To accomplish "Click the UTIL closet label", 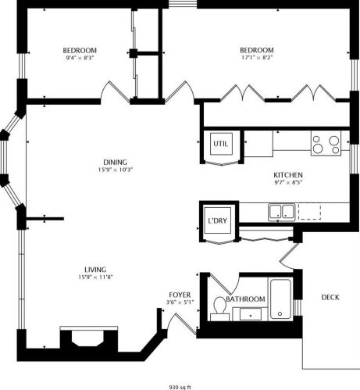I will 219,144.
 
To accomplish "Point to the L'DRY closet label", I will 217,220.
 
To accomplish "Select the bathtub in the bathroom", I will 280,299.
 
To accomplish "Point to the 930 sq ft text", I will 180,385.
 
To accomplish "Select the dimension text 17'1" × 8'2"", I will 257,57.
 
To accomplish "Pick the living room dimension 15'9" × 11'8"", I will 95,277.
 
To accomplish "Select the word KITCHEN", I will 288,176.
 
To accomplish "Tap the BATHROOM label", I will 246,299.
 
